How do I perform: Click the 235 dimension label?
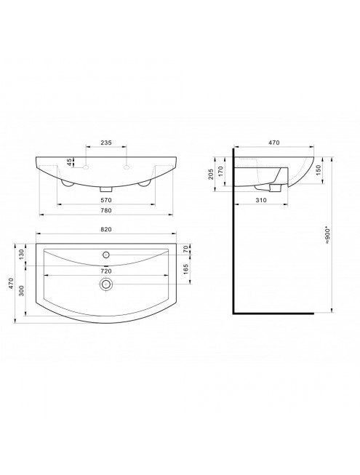[106, 143]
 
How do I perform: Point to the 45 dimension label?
[70, 162]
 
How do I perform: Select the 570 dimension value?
[106, 200]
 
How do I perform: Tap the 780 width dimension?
[106, 210]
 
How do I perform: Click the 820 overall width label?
[106, 229]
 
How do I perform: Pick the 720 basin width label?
[106, 271]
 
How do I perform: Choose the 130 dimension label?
[21, 255]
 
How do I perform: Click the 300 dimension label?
[21, 290]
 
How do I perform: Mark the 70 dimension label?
[185, 250]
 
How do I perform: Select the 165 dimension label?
[185, 269]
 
